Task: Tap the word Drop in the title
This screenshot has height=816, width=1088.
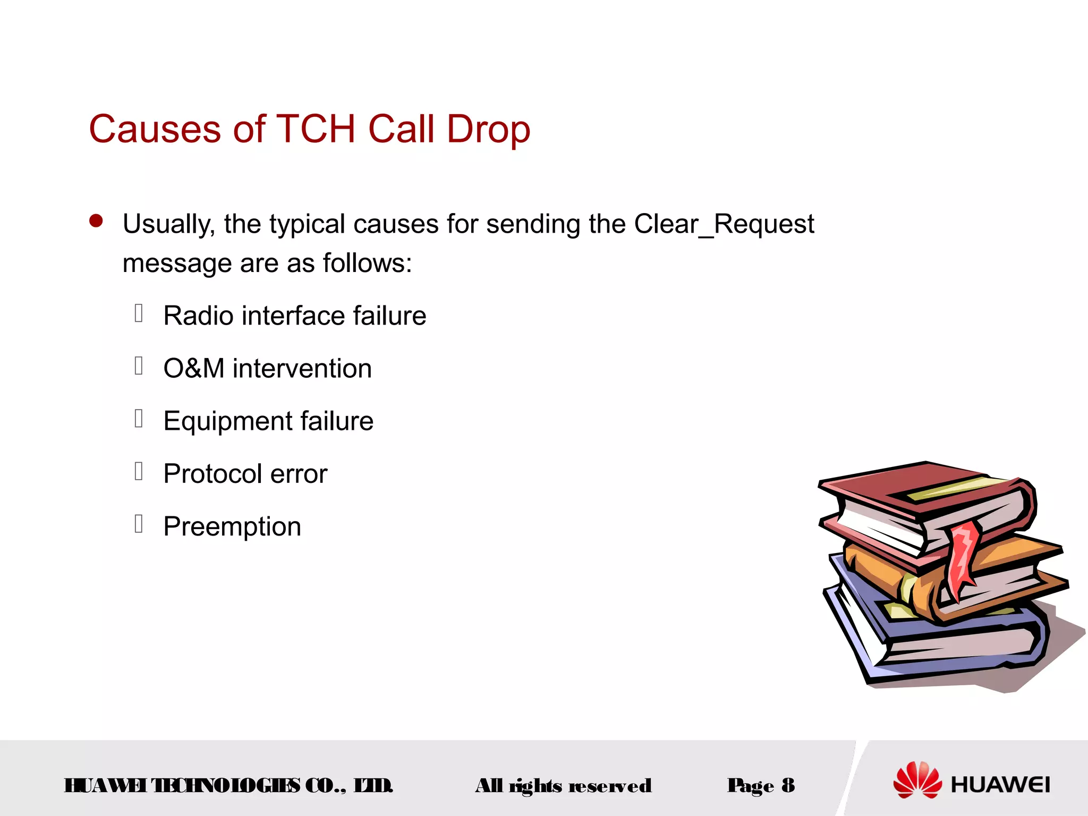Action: pyautogui.click(x=488, y=129)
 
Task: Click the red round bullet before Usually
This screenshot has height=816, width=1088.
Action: pyautogui.click(x=96, y=221)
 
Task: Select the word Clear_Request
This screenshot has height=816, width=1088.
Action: pyautogui.click(x=724, y=224)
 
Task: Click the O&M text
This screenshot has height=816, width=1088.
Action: pyautogui.click(x=193, y=368)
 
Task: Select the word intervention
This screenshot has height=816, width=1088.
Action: pyautogui.click(x=302, y=368)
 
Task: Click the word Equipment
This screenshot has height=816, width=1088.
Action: pyautogui.click(x=228, y=421)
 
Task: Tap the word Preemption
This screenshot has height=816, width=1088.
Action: pyautogui.click(x=232, y=526)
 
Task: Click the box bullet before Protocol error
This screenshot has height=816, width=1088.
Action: pyautogui.click(x=139, y=471)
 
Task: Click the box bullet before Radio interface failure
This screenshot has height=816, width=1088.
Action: pyautogui.click(x=139, y=313)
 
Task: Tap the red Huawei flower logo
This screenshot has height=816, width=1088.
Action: pyautogui.click(x=917, y=780)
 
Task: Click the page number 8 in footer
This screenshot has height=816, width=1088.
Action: pyautogui.click(x=788, y=785)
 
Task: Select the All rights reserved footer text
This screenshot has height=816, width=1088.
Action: pyautogui.click(x=563, y=786)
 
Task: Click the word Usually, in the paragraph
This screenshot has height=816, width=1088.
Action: pyautogui.click(x=168, y=224)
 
